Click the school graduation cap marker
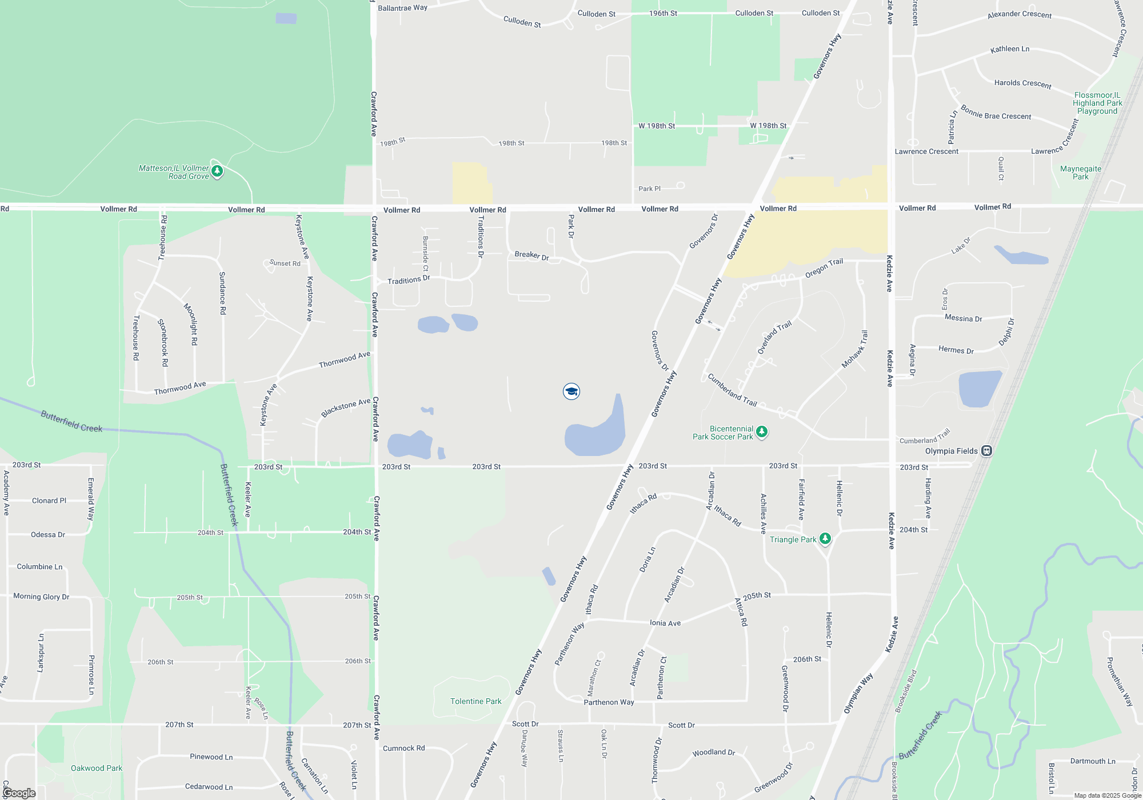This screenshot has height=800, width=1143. click(571, 391)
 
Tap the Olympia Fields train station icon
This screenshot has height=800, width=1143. click(986, 451)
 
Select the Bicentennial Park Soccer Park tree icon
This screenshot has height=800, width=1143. click(762, 432)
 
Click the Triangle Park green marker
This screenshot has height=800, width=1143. click(825, 538)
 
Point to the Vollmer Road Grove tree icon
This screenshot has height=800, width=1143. click(217, 171)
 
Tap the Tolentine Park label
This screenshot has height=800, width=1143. click(475, 701)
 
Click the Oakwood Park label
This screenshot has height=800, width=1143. click(96, 768)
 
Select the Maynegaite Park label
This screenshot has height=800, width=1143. click(1080, 173)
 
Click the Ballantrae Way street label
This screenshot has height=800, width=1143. click(402, 8)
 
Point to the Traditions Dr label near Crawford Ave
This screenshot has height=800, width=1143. click(408, 280)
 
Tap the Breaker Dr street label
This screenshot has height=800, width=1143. click(531, 255)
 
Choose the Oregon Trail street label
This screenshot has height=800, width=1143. click(824, 269)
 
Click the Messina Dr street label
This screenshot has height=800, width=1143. click(963, 318)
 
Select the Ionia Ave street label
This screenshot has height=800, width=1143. click(665, 623)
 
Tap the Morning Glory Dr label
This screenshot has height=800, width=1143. click(41, 597)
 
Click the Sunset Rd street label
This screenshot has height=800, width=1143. click(285, 263)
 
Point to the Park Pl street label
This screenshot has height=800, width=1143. click(649, 189)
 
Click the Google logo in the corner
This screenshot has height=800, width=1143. click(19, 793)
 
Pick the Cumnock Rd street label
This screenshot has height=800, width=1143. click(403, 748)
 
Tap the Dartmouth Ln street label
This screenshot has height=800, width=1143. click(1092, 761)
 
